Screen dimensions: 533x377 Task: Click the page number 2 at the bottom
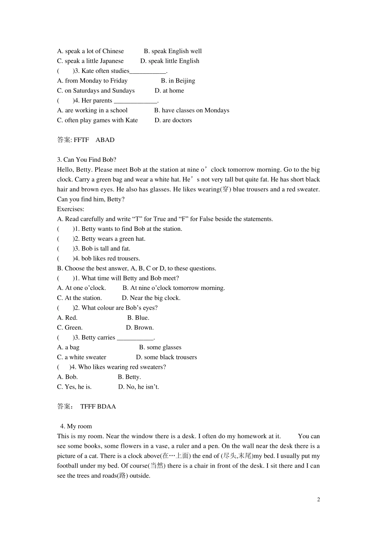point(318,500)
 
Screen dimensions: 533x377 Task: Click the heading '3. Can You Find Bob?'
point(87,160)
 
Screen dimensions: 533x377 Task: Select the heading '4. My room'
point(76,426)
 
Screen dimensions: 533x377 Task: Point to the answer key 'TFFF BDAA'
point(98,406)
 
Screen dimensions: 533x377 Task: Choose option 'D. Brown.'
point(140,328)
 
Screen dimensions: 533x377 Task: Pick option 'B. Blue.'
point(138,318)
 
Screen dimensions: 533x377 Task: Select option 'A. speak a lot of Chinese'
point(90,51)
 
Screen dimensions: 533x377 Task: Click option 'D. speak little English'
point(170,61)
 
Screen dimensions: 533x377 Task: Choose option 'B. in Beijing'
point(178,81)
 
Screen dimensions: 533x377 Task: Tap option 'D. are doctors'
point(173,120)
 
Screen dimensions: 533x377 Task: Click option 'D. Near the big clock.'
point(151,298)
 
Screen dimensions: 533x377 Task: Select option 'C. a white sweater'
point(82,357)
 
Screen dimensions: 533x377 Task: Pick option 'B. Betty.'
point(129,377)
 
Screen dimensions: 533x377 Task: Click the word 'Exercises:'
point(71,209)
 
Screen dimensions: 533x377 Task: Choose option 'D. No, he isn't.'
point(138,387)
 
